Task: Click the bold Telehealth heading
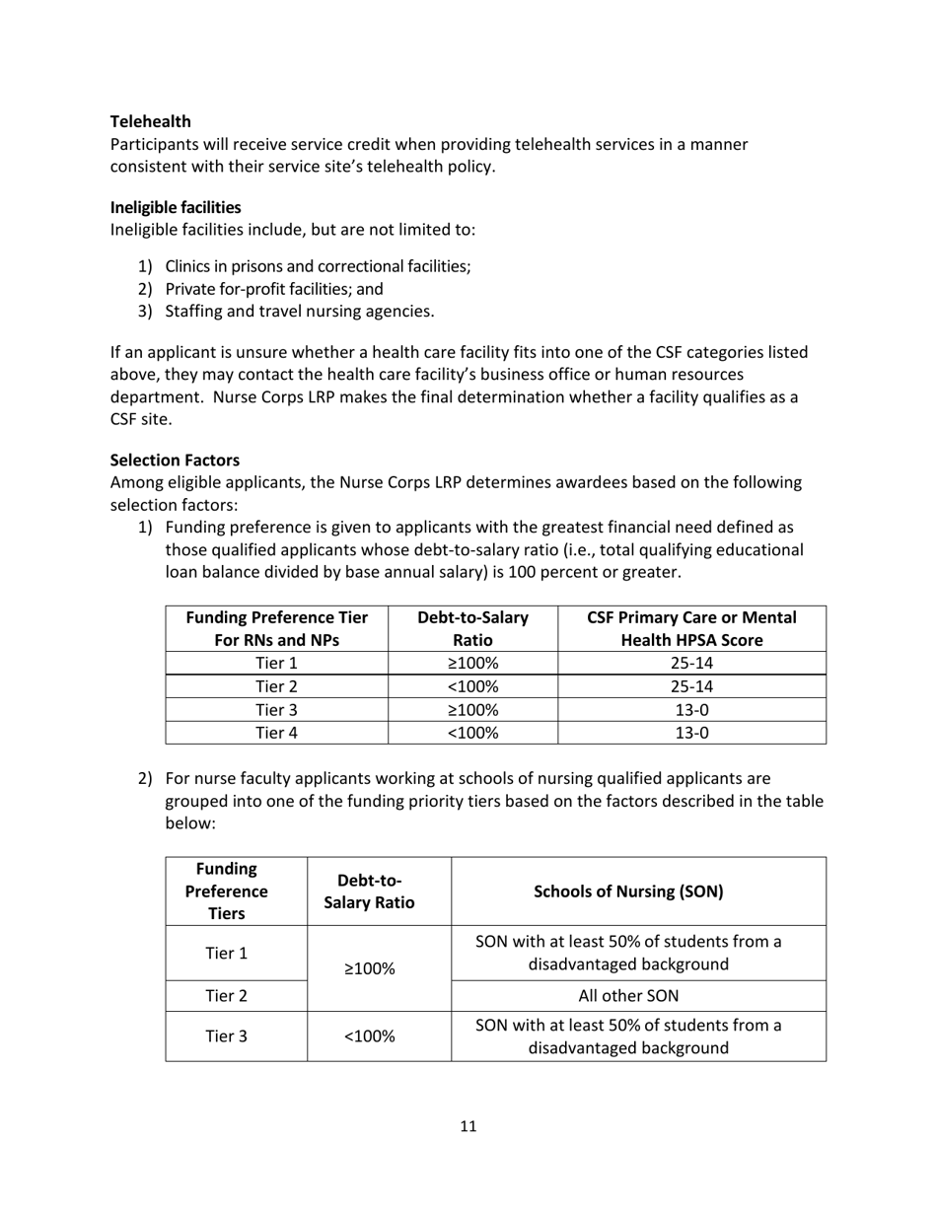click(150, 121)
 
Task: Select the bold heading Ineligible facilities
click(176, 207)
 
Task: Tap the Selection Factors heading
click(175, 460)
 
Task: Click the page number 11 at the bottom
click(468, 1126)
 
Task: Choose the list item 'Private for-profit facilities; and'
click(273, 289)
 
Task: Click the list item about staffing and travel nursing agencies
click(299, 312)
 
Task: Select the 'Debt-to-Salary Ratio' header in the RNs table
click(472, 628)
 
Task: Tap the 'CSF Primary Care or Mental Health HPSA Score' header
click(691, 628)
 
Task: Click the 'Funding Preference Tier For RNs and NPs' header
click(276, 628)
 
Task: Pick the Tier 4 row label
click(276, 732)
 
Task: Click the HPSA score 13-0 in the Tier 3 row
click(691, 709)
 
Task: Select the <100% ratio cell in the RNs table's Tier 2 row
click(472, 686)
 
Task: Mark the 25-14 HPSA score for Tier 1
click(691, 663)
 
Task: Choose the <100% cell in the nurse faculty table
click(379, 1036)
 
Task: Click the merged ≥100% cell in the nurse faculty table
click(379, 968)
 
